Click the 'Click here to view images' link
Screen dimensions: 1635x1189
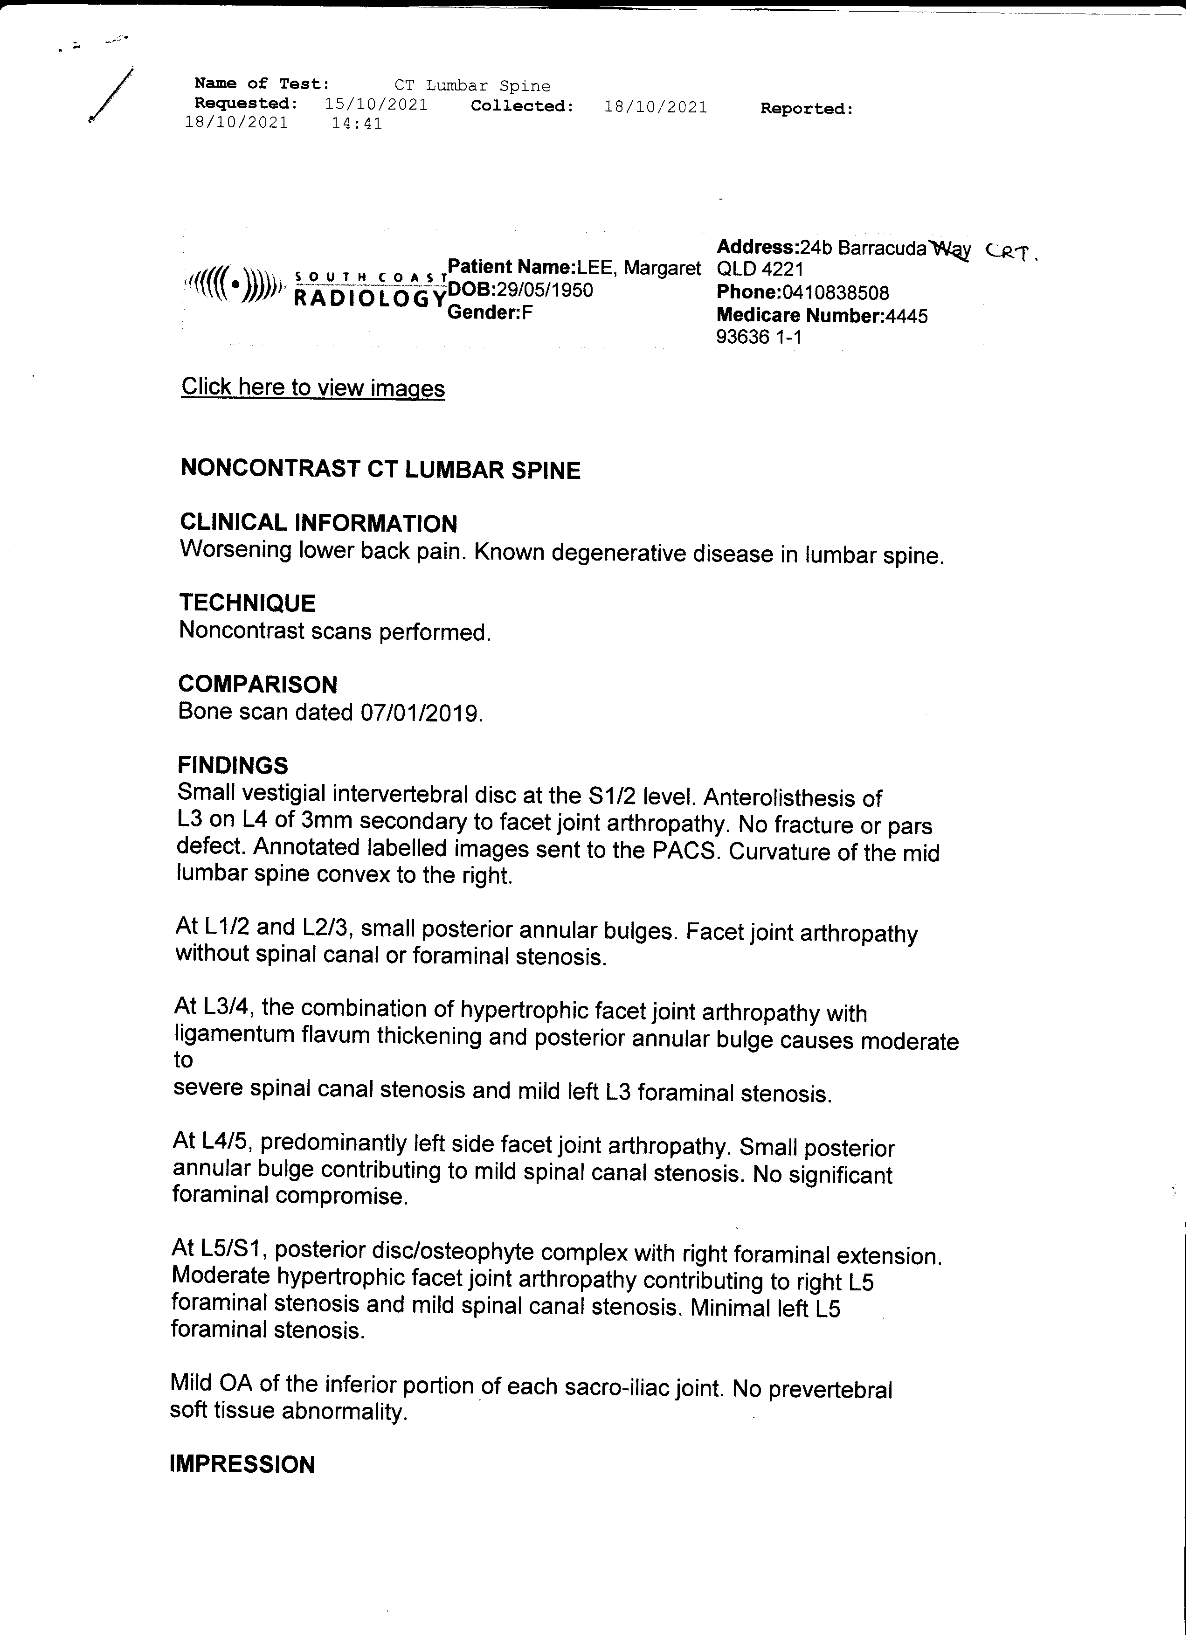(x=313, y=388)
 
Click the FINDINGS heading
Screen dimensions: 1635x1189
(x=233, y=765)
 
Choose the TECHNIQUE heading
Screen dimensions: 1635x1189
(x=247, y=603)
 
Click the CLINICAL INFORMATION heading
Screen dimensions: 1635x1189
(x=318, y=523)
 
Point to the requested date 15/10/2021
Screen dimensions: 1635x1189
(x=376, y=104)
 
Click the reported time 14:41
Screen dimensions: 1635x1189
(x=357, y=123)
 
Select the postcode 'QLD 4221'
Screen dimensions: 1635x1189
(x=760, y=270)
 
